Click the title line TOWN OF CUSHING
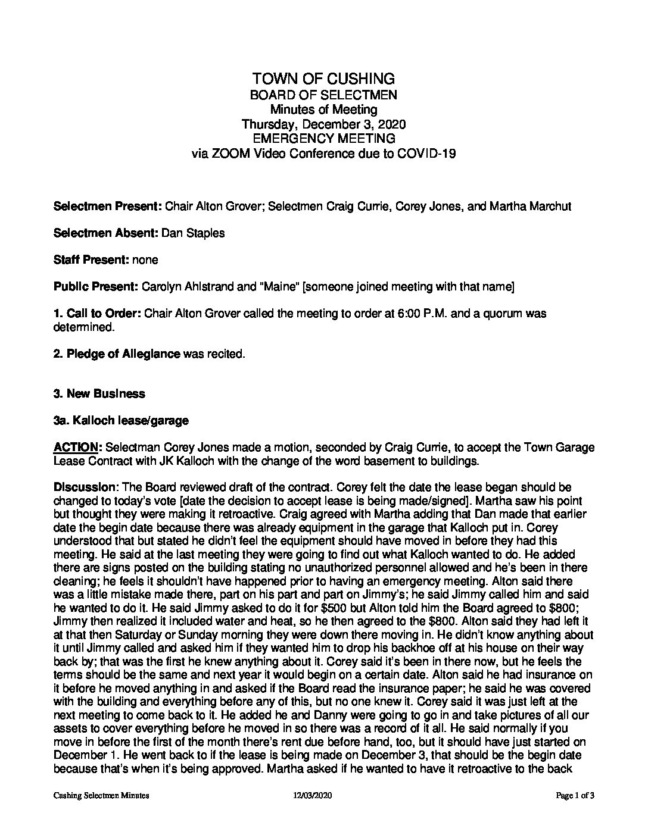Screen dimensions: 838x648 (323, 79)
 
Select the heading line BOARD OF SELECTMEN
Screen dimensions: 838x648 (323, 95)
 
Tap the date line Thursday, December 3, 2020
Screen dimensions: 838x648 (323, 124)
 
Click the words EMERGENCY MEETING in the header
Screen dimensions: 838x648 (323, 139)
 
